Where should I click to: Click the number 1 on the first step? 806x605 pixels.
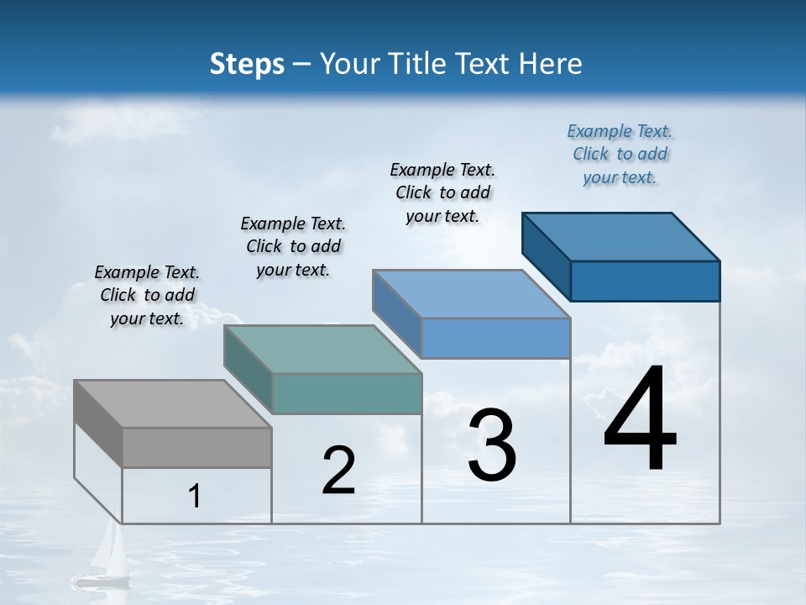(195, 497)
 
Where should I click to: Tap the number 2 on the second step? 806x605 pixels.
(338, 471)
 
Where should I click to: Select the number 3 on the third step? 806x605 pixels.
(492, 445)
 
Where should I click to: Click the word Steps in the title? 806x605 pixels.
(247, 64)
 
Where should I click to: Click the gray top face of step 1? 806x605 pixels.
(172, 404)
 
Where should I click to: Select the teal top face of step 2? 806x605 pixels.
(322, 350)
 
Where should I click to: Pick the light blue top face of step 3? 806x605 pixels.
(471, 294)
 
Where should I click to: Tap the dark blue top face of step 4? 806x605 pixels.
(620, 237)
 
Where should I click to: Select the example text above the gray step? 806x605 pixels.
(147, 295)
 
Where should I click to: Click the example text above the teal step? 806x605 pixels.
(293, 246)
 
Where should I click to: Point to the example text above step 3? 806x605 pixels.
(442, 192)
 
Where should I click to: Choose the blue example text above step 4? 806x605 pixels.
(620, 154)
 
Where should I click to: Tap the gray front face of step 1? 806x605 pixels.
(196, 447)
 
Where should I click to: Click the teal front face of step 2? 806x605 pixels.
(347, 393)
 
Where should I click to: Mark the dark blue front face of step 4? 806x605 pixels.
(645, 281)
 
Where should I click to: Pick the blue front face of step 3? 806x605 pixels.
(495, 338)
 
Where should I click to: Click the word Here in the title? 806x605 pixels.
(552, 64)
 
